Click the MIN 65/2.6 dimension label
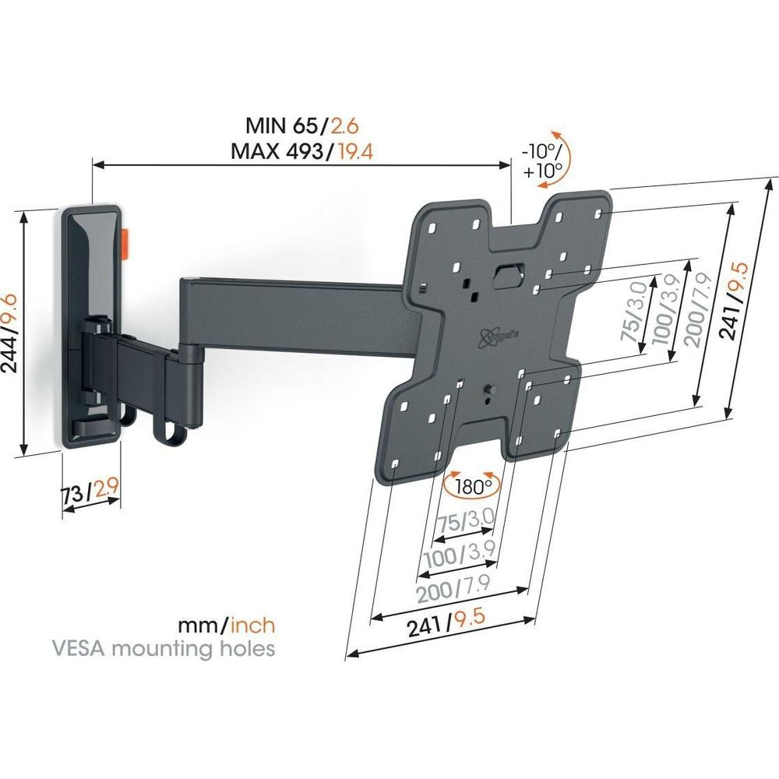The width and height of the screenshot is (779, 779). click(x=301, y=126)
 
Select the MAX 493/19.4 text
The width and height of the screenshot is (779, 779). click(x=301, y=151)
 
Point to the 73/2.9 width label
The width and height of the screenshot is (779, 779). click(x=90, y=492)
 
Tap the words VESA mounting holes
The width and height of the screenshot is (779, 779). click(x=164, y=648)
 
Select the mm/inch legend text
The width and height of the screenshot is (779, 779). click(x=226, y=625)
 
